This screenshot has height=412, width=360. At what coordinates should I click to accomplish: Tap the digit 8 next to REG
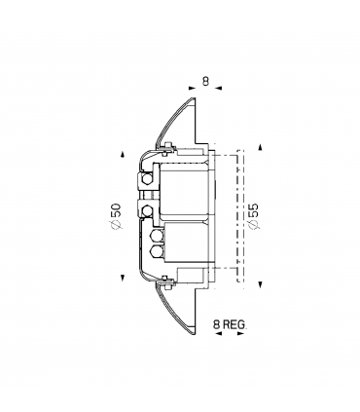coord(215,321)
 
